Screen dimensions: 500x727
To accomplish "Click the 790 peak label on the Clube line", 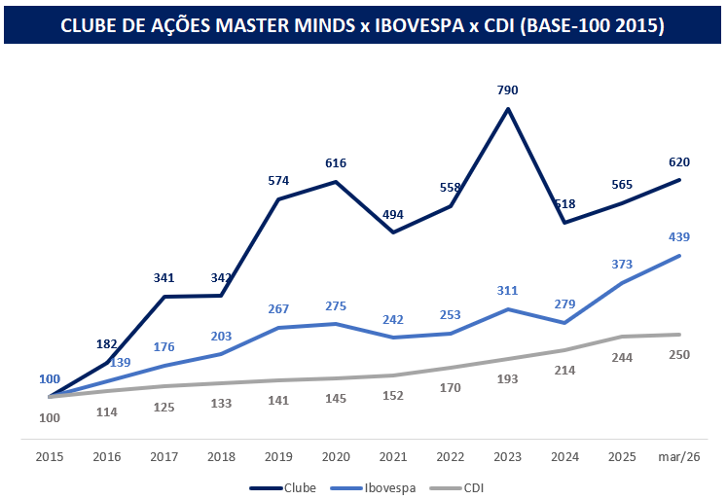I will tap(507, 90).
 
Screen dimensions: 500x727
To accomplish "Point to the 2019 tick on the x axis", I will tap(278, 455).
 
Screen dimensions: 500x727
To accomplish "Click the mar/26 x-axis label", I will tap(678, 455).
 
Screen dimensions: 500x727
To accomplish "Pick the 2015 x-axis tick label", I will tap(50, 455).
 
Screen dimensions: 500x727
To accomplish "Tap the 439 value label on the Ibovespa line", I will tap(679, 236).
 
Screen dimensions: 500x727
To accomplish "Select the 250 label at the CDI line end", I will tap(679, 354).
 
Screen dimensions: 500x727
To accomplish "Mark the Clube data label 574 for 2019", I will tap(278, 180).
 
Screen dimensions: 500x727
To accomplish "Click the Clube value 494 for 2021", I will tap(392, 213).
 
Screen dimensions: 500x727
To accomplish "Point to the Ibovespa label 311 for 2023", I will tap(507, 290).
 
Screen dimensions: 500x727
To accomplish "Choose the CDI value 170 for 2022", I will tap(450, 386).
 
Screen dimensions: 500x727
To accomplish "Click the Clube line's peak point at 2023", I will tap(507, 108).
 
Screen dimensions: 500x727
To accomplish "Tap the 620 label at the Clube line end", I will tap(679, 161).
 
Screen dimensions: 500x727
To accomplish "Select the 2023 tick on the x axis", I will tap(507, 455).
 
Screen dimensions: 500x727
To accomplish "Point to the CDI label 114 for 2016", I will tap(107, 411).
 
